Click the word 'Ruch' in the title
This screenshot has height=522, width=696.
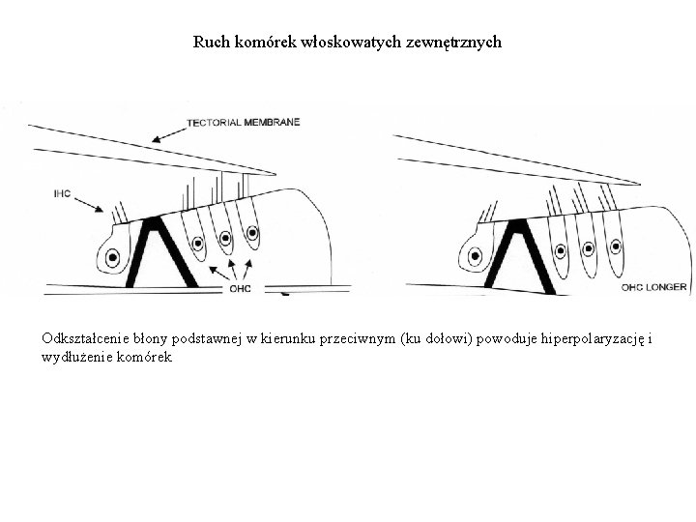[x=209, y=43]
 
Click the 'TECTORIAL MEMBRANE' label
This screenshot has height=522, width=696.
[x=243, y=122]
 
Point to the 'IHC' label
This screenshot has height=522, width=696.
[x=63, y=193]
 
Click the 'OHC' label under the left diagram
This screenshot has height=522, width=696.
[x=240, y=287]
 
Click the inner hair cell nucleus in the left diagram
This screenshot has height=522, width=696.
[x=113, y=258]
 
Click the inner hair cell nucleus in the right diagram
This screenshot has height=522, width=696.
[x=475, y=257]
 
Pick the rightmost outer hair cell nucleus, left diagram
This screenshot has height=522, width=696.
[x=253, y=233]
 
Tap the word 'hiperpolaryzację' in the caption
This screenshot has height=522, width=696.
[x=596, y=339]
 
